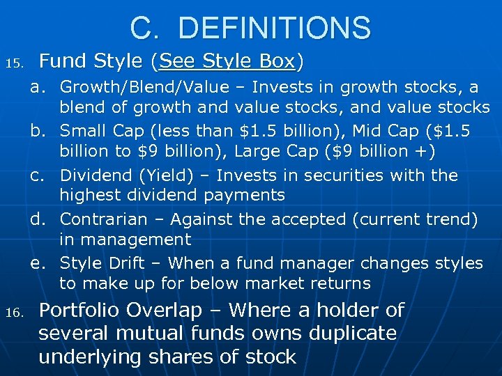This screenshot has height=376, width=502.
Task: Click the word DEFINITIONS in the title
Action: click(x=274, y=28)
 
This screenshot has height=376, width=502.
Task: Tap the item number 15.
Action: click(x=13, y=64)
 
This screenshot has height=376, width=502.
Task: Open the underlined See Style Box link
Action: click(x=227, y=62)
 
